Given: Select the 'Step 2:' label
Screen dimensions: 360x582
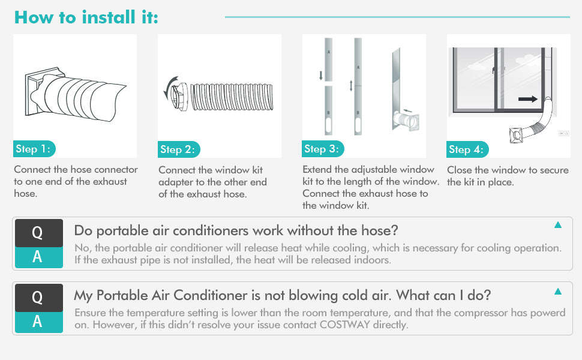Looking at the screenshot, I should pos(179,149).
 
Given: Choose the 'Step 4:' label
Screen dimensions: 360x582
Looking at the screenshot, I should pos(468,149).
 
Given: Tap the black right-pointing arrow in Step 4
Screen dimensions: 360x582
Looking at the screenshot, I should pos(529,99).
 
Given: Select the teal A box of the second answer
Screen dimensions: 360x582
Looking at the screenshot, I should pos(37,322).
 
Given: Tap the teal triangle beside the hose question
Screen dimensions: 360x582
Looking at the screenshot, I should pos(558,225).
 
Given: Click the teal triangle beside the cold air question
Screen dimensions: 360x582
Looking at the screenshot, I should pos(558,292).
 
